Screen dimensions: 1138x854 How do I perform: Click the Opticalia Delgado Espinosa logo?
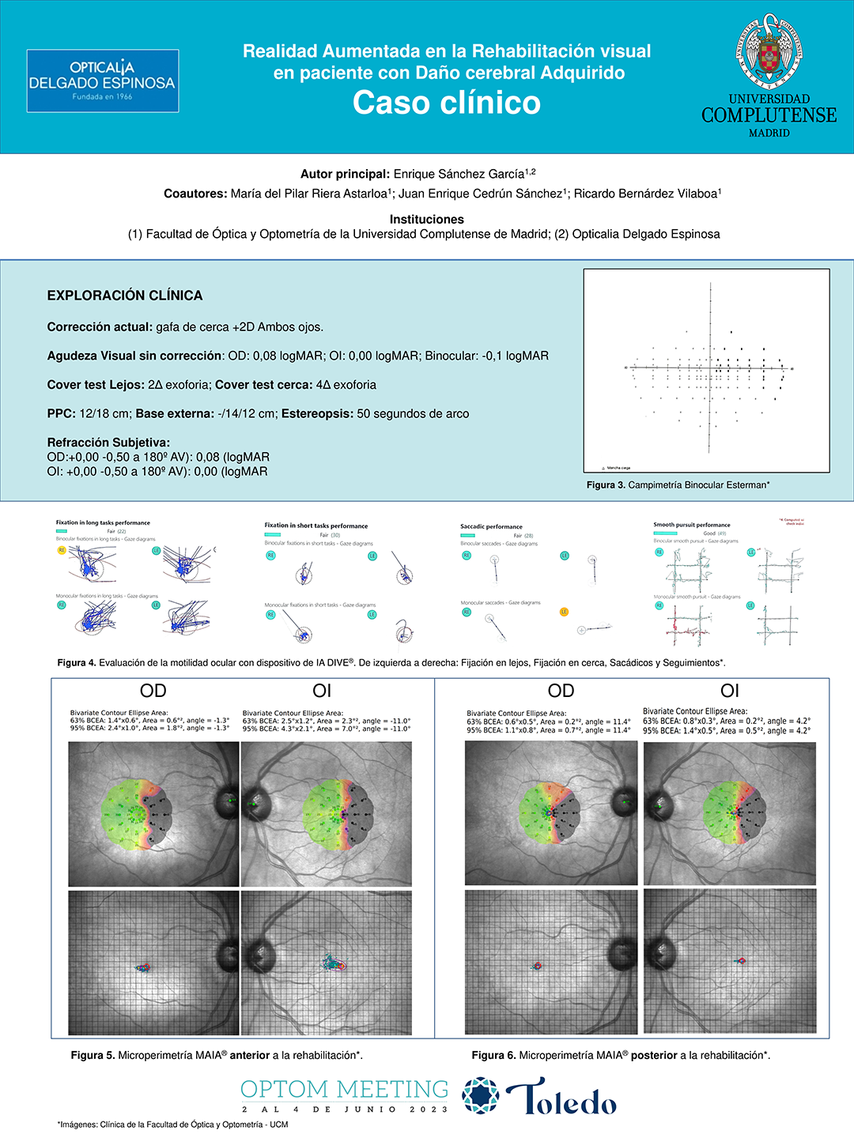(103, 81)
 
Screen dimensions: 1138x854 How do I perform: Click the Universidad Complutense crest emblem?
(769, 51)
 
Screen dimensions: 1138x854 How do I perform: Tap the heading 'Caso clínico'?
(447, 103)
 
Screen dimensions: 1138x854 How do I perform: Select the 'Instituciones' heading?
(427, 219)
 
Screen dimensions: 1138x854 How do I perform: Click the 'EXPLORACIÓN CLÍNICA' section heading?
(125, 296)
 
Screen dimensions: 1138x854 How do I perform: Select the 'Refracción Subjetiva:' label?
(108, 443)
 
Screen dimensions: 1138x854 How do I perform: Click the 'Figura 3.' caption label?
(606, 485)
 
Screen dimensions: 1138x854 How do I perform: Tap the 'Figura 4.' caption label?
(77, 663)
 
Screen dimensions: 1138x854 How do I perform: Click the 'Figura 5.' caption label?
(93, 1055)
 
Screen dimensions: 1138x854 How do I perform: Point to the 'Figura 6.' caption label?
(493, 1055)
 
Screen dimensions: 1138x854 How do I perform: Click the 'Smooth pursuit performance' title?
(692, 525)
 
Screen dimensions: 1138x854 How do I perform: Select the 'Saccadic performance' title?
(491, 526)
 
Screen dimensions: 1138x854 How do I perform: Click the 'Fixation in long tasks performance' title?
(103, 522)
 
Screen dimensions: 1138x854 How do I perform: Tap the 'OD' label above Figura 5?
(153, 691)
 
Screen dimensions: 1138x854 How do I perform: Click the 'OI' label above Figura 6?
(730, 691)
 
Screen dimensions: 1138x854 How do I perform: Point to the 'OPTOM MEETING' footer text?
(345, 1090)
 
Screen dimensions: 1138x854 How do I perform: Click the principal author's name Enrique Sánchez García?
(459, 174)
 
